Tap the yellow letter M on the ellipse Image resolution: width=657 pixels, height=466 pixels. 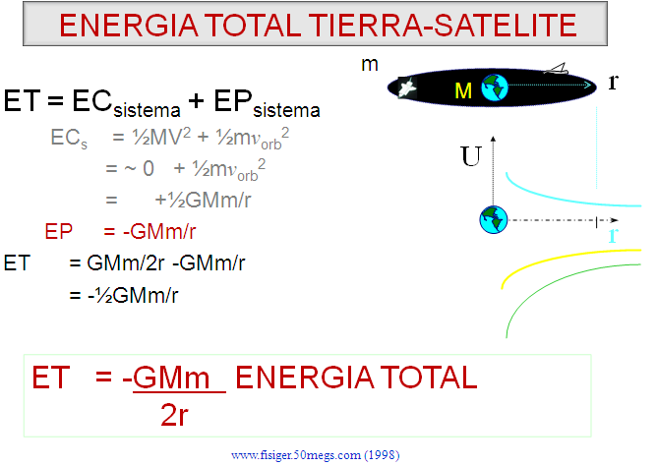click(463, 90)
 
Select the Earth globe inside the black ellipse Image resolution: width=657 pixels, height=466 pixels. click(495, 87)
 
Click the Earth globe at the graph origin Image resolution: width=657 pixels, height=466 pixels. click(493, 219)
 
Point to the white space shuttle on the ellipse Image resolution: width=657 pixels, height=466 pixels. click(406, 87)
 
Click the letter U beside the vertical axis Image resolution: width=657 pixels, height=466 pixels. click(471, 156)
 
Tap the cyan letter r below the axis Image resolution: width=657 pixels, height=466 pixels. click(613, 235)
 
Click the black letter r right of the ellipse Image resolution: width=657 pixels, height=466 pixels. click(613, 82)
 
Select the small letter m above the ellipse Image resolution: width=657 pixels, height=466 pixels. click(370, 65)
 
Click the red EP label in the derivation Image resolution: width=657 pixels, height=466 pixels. click(59, 231)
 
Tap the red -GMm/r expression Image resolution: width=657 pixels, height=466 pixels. click(159, 232)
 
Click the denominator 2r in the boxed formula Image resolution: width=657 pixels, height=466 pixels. click(174, 415)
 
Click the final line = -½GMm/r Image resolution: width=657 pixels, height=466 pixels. click(124, 295)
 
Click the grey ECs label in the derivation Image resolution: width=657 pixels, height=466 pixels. click(69, 139)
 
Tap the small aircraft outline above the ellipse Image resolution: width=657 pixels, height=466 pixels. click(556, 69)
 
